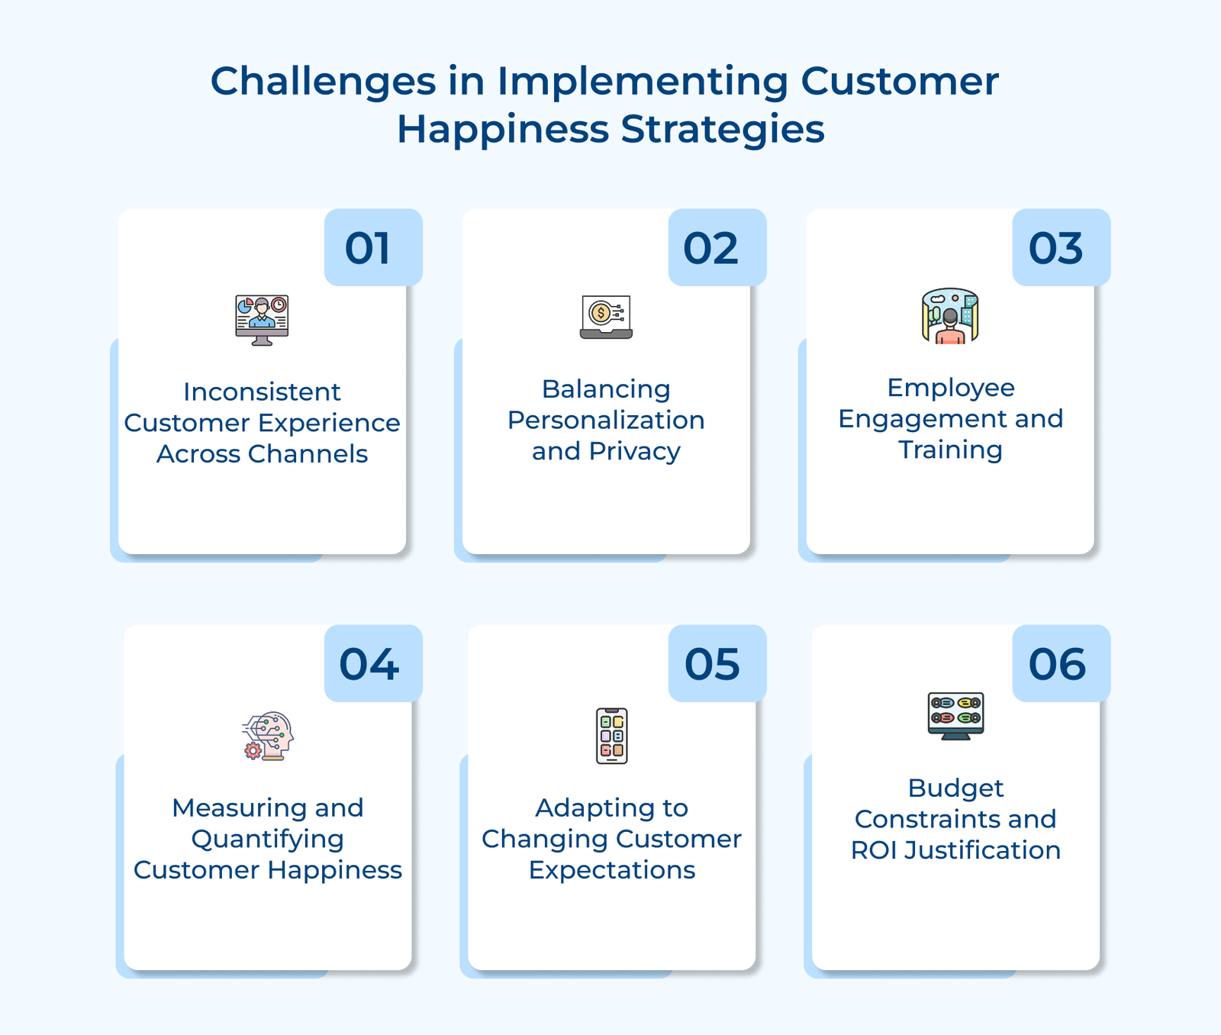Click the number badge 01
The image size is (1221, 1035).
(373, 248)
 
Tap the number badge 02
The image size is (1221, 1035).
(717, 248)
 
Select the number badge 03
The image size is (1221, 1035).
(1061, 248)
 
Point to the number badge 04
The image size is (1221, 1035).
(373, 664)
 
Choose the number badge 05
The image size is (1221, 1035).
(717, 664)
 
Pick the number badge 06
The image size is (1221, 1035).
(1061, 664)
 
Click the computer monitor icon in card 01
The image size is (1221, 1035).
(262, 320)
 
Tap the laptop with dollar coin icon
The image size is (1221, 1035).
(606, 317)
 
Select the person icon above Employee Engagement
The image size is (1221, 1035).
(950, 316)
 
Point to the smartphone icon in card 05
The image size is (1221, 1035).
(612, 736)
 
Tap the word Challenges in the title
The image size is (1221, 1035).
(323, 81)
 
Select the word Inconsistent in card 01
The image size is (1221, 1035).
(262, 392)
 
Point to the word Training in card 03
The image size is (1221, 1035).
(950, 450)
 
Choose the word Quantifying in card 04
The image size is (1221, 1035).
(268, 839)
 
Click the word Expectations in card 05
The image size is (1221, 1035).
(612, 870)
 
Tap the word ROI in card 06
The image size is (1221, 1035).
(874, 850)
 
